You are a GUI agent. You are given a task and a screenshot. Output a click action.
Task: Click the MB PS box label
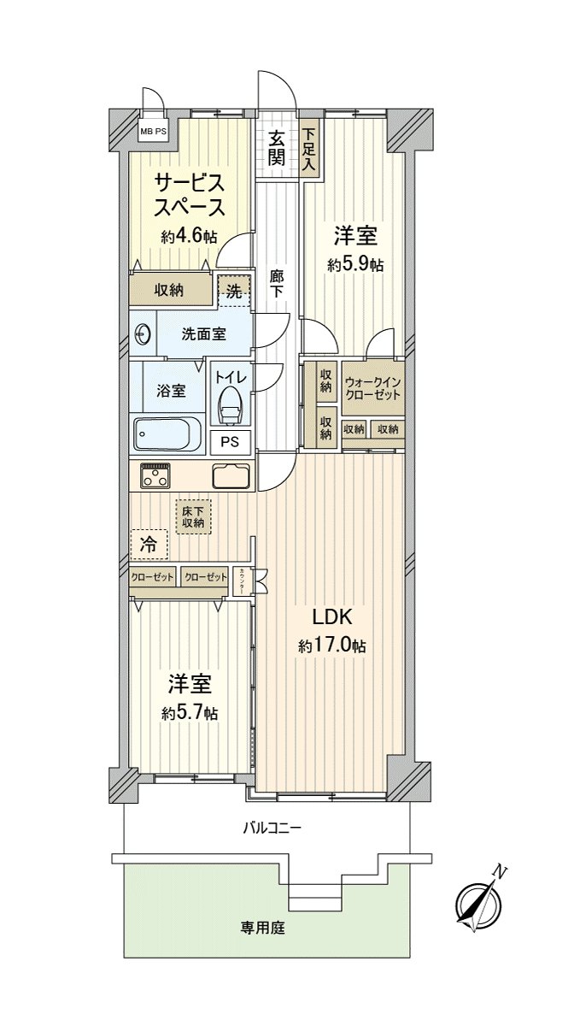[154, 132]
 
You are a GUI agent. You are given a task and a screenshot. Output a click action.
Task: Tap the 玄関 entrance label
[277, 148]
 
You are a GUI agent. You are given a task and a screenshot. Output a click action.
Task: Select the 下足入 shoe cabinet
[309, 150]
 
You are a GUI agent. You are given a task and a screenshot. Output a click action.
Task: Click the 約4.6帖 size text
[189, 237]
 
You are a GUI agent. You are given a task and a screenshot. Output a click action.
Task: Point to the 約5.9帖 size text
[355, 265]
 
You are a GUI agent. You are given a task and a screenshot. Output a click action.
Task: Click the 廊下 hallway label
[276, 285]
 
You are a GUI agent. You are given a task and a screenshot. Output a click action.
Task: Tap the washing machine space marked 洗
[234, 292]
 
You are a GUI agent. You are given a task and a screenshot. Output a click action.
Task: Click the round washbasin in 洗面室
[143, 334]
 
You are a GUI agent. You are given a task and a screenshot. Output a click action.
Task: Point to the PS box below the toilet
[231, 442]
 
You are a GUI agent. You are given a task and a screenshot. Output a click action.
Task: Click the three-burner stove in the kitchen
[155, 475]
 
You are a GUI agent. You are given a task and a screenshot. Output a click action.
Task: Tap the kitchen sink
[231, 476]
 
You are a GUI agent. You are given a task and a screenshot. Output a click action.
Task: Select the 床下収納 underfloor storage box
[194, 516]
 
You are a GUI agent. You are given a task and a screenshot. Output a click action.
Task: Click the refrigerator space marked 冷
[149, 545]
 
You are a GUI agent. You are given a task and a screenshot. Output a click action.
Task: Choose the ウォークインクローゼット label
[372, 388]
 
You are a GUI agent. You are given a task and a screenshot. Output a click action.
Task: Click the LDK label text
[332, 617]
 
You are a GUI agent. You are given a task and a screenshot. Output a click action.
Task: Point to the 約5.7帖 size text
[190, 713]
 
